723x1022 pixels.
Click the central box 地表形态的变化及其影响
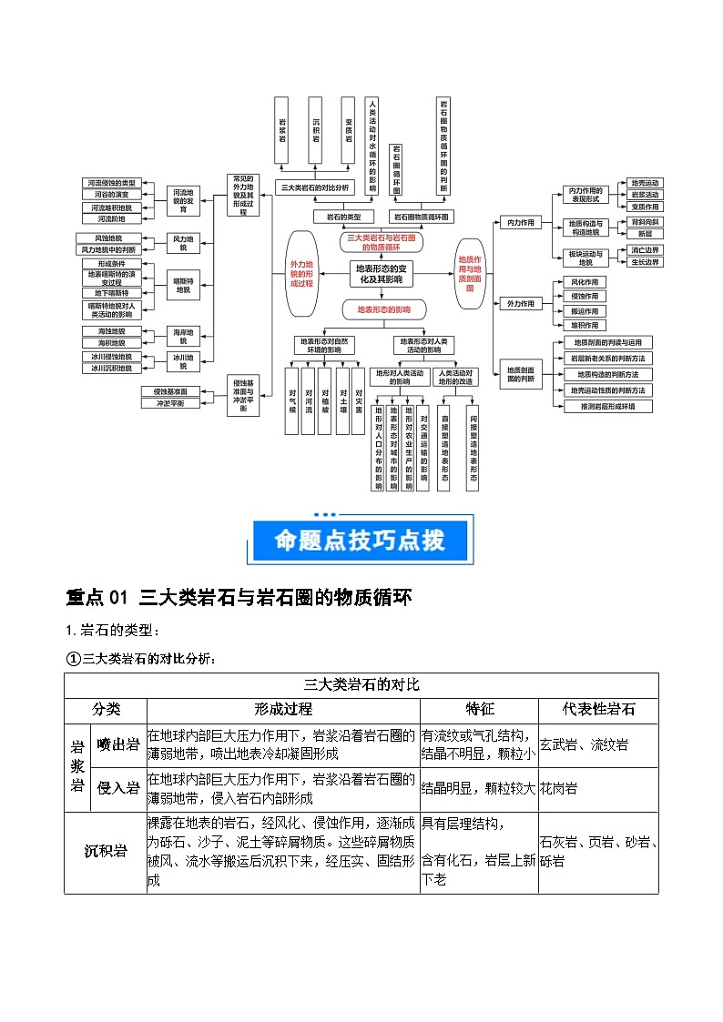click(382, 273)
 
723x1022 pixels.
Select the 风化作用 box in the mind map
click(585, 282)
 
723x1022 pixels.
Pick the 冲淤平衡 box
click(163, 402)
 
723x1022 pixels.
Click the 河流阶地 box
click(112, 219)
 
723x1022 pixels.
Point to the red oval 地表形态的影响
click(382, 309)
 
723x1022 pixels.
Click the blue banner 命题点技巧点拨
click(361, 540)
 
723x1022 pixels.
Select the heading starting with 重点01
click(239, 598)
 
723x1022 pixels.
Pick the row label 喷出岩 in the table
click(118, 745)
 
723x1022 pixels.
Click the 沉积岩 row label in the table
click(106, 852)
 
